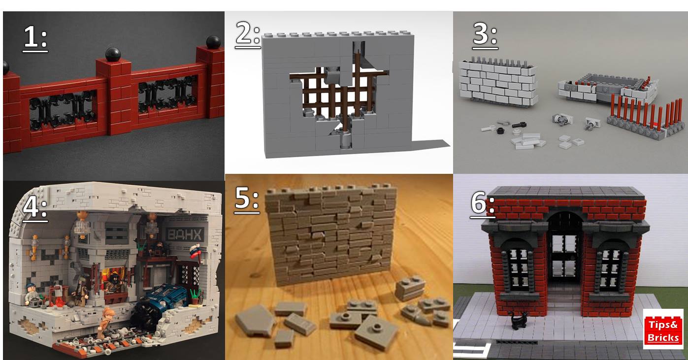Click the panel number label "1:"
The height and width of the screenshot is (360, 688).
point(35,38)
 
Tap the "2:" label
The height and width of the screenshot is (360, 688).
point(248,34)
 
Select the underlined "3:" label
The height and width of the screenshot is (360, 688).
point(485,35)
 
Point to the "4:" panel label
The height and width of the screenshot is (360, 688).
point(35,207)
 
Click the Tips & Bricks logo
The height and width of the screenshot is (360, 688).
point(663,329)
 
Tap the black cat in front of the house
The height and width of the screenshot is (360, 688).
point(519,321)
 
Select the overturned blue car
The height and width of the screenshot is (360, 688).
point(161,302)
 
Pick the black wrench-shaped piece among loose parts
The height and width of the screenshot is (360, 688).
point(519,125)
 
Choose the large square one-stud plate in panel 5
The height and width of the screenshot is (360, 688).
point(376,332)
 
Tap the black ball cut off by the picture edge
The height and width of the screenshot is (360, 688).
point(6,67)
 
